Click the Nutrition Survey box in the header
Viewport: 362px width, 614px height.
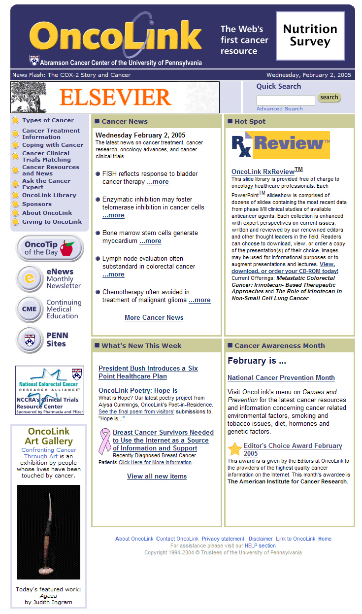[310, 36]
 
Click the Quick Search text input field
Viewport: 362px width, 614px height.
[286, 101]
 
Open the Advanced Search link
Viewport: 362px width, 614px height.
[279, 109]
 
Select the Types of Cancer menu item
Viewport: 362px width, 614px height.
[48, 120]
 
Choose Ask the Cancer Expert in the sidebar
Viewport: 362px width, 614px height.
[46, 184]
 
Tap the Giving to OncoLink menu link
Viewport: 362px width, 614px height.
[52, 222]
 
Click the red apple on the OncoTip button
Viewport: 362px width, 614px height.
[67, 248]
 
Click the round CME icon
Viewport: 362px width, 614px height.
[29, 309]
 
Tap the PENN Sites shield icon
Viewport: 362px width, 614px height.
[29, 340]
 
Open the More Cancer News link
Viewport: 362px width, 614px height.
[154, 318]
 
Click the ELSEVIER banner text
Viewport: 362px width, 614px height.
[115, 98]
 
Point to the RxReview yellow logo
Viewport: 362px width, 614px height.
[281, 145]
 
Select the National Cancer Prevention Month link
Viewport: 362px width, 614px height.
[281, 378]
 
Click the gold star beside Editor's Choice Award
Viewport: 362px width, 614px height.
[235, 449]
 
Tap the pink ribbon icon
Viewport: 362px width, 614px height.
[105, 441]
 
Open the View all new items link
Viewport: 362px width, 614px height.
[157, 477]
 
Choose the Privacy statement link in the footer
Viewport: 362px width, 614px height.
[223, 539]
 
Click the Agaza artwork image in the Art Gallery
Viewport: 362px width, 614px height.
[48, 532]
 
